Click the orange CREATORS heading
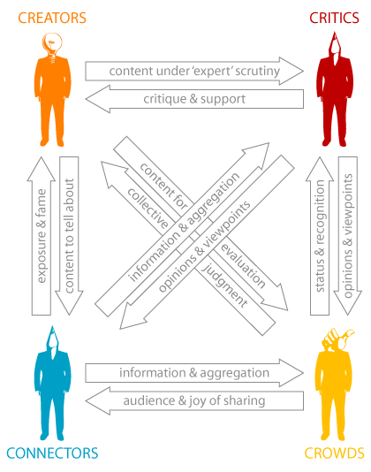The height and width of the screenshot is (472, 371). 52,18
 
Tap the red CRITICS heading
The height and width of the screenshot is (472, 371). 334,18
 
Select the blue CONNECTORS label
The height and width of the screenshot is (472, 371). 52,453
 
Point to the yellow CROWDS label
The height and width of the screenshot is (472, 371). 334,453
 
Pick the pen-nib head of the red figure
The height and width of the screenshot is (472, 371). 334,47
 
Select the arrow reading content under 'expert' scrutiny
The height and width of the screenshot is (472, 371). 194,71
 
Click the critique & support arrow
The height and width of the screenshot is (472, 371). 194,99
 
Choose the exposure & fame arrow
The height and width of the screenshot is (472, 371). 42,236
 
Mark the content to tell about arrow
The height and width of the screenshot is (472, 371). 69,236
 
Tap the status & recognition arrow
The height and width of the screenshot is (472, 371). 320,236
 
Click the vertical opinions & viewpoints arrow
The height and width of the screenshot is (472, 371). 348,236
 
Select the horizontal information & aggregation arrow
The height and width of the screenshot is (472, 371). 194,373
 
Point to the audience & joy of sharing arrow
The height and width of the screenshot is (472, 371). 194,400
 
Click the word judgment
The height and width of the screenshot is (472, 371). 224,285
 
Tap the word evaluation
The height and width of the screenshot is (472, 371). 243,266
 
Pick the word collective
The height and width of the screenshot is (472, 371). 148,208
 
